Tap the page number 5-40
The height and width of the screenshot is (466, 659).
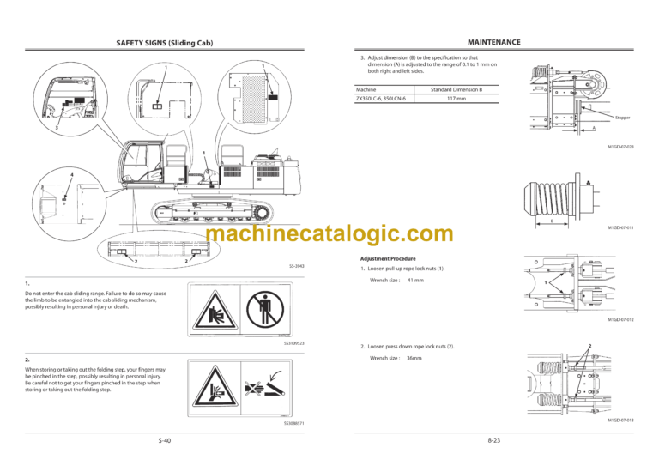[x=165, y=440]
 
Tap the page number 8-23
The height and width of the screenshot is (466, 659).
[x=493, y=440]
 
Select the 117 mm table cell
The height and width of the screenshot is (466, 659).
[x=456, y=99]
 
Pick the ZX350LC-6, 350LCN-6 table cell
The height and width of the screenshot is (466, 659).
[x=382, y=99]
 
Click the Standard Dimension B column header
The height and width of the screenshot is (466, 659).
[x=456, y=88]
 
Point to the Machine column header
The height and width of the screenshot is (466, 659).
[x=366, y=88]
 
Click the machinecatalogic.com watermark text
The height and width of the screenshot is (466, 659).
[x=329, y=233]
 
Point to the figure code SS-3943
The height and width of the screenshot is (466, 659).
[x=297, y=267]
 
